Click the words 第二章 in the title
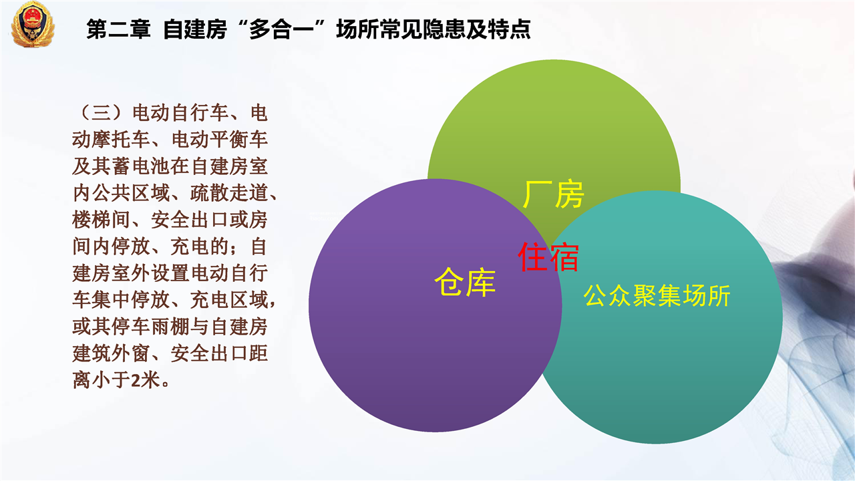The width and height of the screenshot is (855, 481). click(118, 29)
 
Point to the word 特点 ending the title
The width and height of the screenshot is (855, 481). click(509, 29)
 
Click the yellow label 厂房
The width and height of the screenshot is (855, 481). click(553, 194)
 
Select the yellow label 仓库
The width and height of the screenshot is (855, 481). click(465, 282)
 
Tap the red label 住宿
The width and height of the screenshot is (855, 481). click(548, 257)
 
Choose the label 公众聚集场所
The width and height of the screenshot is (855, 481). click(657, 295)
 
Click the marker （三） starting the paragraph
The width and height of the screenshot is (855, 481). click(102, 113)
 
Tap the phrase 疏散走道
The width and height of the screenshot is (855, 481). click(229, 193)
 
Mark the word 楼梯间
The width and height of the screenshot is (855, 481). click(102, 220)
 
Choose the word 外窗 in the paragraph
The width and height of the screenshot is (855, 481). click(131, 353)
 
